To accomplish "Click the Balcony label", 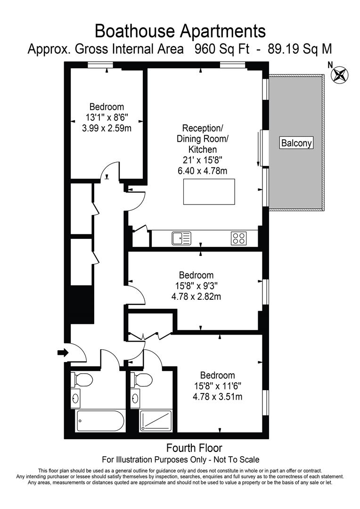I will click(x=296, y=143).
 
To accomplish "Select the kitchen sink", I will click(x=181, y=238).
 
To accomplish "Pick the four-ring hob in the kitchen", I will click(x=238, y=238).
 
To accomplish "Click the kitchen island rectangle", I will click(x=208, y=192).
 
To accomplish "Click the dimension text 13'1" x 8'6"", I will click(x=106, y=117).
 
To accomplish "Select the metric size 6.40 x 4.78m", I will click(x=202, y=170).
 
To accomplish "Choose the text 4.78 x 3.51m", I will click(x=217, y=396).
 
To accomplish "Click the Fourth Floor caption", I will click(x=194, y=448).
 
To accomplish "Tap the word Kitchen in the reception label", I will click(x=202, y=149).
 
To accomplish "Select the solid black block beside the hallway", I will click(x=82, y=304).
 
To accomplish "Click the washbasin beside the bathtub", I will click(x=76, y=399).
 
